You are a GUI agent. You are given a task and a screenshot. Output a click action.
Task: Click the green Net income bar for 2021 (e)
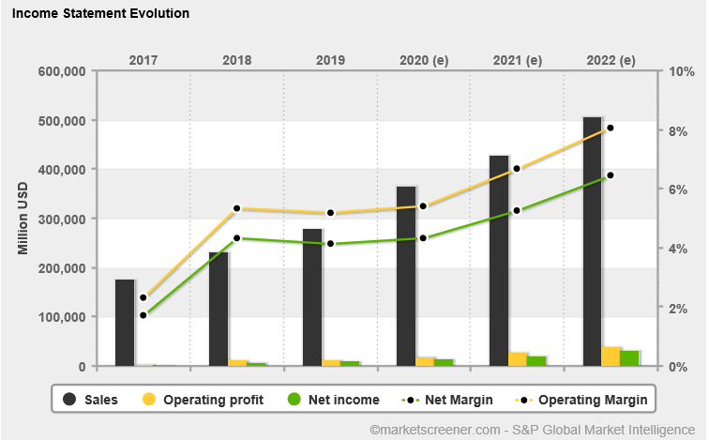pos(536,360)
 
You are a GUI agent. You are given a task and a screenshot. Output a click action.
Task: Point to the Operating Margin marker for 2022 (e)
pos(611,128)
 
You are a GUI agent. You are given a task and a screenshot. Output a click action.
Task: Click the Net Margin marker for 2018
pos(237,238)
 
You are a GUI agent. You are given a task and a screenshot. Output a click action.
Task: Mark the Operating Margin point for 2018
pos(237,208)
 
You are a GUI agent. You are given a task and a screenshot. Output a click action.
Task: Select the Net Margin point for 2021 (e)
pos(517,210)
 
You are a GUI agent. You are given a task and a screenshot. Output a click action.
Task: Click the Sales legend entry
pos(90,400)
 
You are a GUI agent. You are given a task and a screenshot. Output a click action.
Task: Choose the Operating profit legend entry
pos(202,400)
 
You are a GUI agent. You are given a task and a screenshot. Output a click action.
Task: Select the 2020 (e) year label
pos(424,60)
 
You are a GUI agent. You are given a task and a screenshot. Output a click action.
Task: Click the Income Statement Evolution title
pos(100,14)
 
